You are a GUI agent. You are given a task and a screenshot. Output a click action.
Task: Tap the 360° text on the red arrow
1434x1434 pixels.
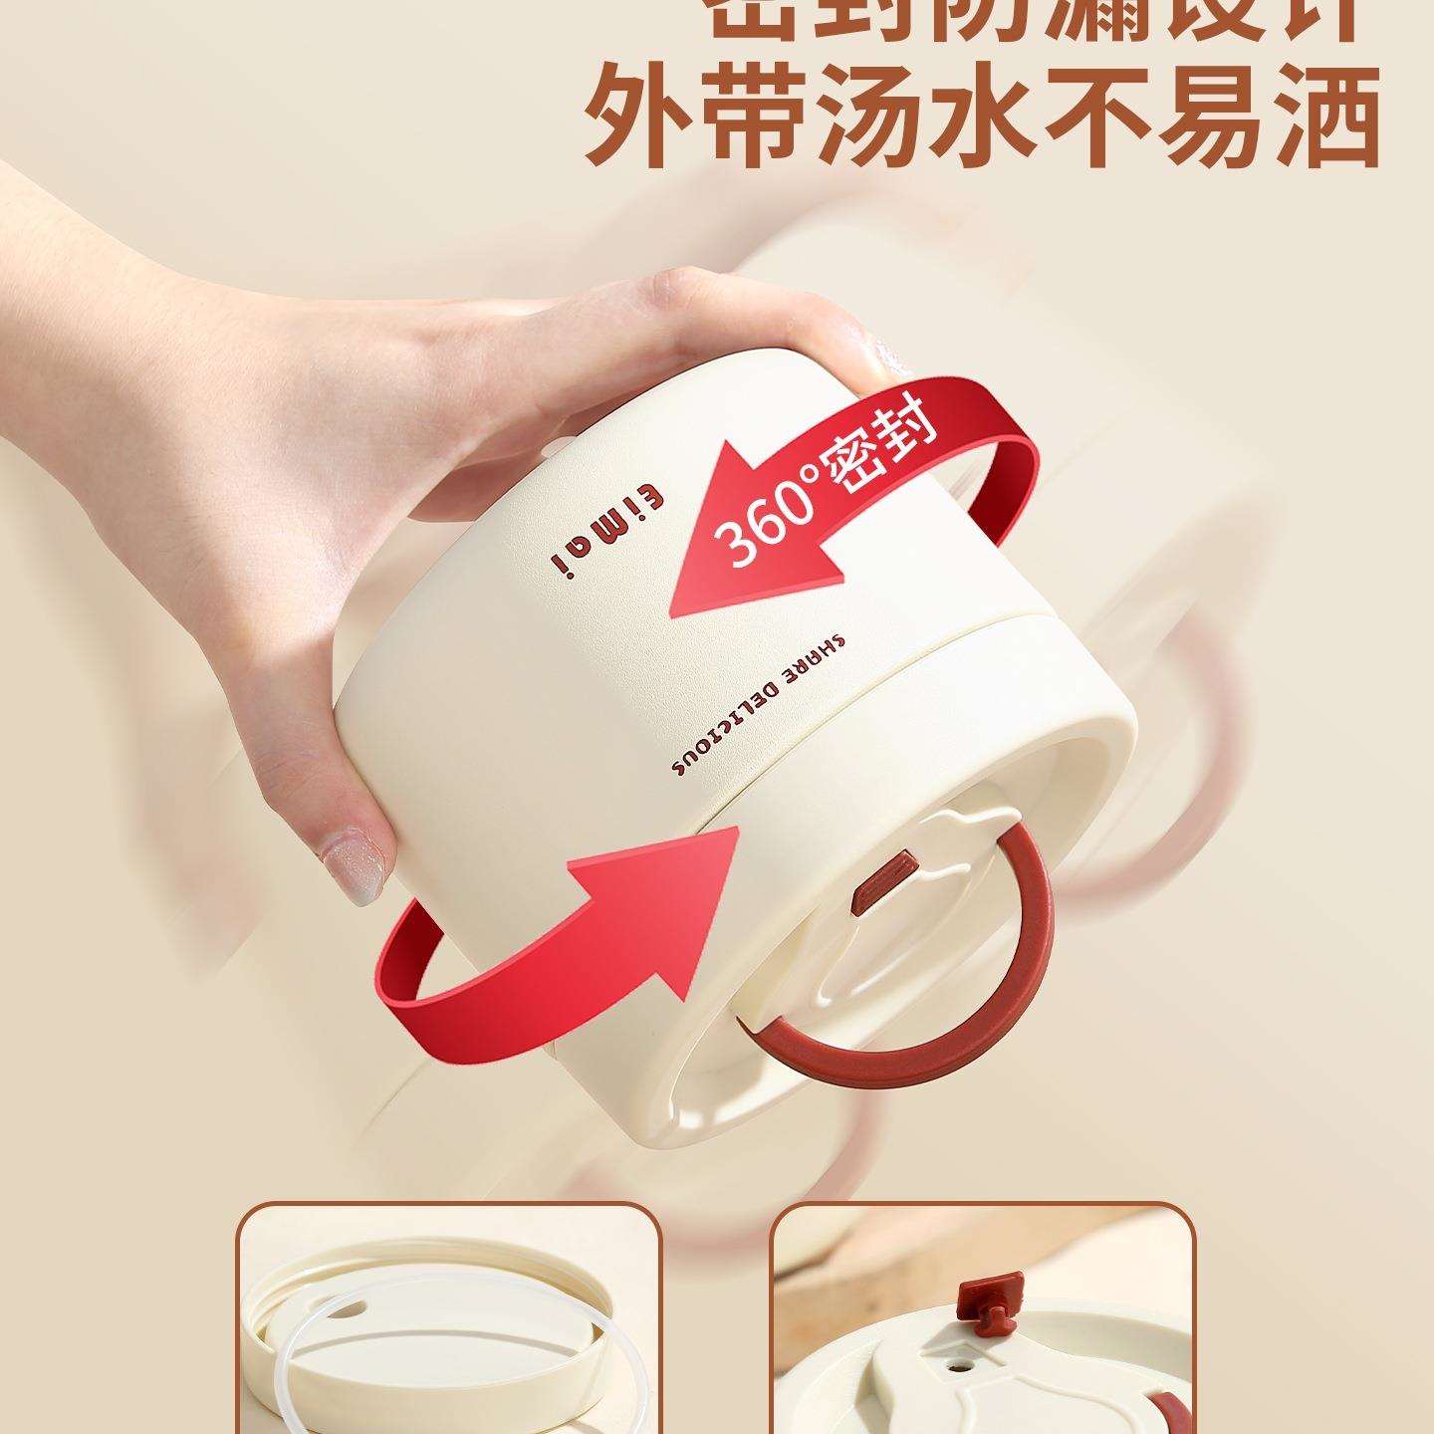[x=765, y=517]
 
